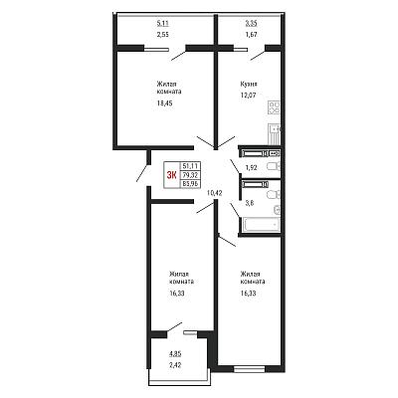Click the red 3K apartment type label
171,175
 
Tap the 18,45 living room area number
165,103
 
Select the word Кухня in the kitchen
249,85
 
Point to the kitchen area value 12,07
249,96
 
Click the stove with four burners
274,108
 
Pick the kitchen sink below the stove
275,134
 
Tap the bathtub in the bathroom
262,225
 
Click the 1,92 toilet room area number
251,167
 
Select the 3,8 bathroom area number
250,204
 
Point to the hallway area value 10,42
214,192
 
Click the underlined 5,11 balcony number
163,23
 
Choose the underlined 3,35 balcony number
251,23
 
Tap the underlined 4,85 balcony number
175,354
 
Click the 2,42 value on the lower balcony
175,365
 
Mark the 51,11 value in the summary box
190,166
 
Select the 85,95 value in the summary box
190,183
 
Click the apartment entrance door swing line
142,172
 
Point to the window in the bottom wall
250,368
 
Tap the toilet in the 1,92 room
274,166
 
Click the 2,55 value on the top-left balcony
163,34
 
